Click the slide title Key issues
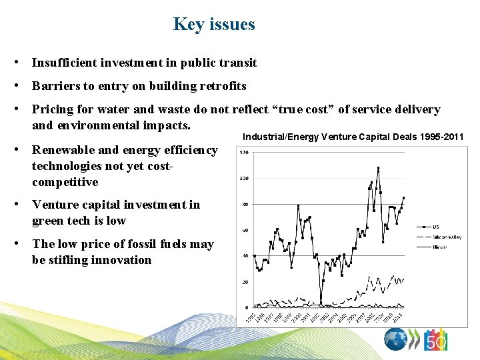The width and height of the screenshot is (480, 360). (x=214, y=25)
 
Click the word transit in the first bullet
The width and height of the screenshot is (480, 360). (x=239, y=63)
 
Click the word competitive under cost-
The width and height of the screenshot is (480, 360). (x=65, y=182)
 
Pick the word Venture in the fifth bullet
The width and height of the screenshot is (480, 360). (x=54, y=205)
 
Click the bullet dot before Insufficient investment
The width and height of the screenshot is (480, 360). (x=23, y=63)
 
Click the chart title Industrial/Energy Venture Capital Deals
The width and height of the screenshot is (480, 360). (x=353, y=137)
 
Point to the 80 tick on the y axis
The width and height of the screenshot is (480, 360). (x=245, y=205)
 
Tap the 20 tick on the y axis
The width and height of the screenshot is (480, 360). (x=245, y=282)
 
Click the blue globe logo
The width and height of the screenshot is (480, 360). (x=396, y=340)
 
